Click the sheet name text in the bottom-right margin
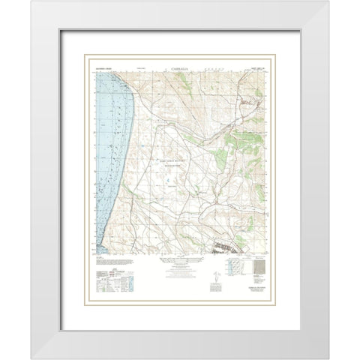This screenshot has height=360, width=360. point(258,292)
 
